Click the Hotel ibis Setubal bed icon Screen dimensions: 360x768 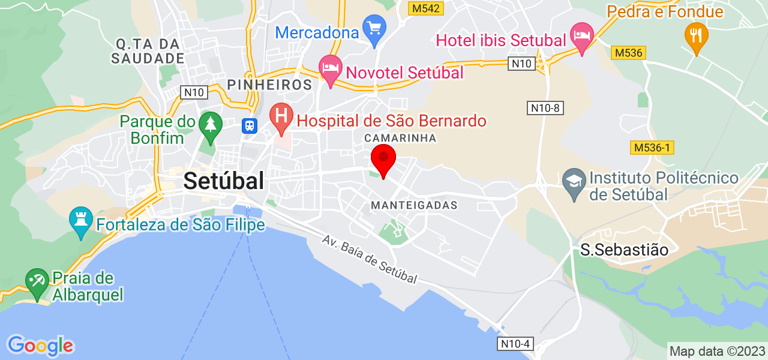click(x=581, y=35)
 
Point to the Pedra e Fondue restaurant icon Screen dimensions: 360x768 click(x=696, y=35)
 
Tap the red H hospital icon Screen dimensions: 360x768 click(x=281, y=116)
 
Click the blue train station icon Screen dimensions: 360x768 click(x=249, y=125)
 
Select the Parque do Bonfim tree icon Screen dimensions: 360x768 click(x=210, y=125)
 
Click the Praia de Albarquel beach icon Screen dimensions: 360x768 click(x=37, y=281)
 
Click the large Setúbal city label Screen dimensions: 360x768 click(x=224, y=180)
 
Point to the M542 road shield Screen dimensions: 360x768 click(x=425, y=8)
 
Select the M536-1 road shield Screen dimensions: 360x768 click(x=653, y=148)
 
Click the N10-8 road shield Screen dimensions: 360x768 click(x=545, y=108)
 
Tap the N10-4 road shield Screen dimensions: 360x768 click(x=515, y=344)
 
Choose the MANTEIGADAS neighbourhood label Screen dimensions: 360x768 click(x=414, y=205)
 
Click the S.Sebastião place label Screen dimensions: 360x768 click(x=624, y=250)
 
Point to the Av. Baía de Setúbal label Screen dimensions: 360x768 click(x=369, y=259)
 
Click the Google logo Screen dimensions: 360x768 click(x=40, y=346)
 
